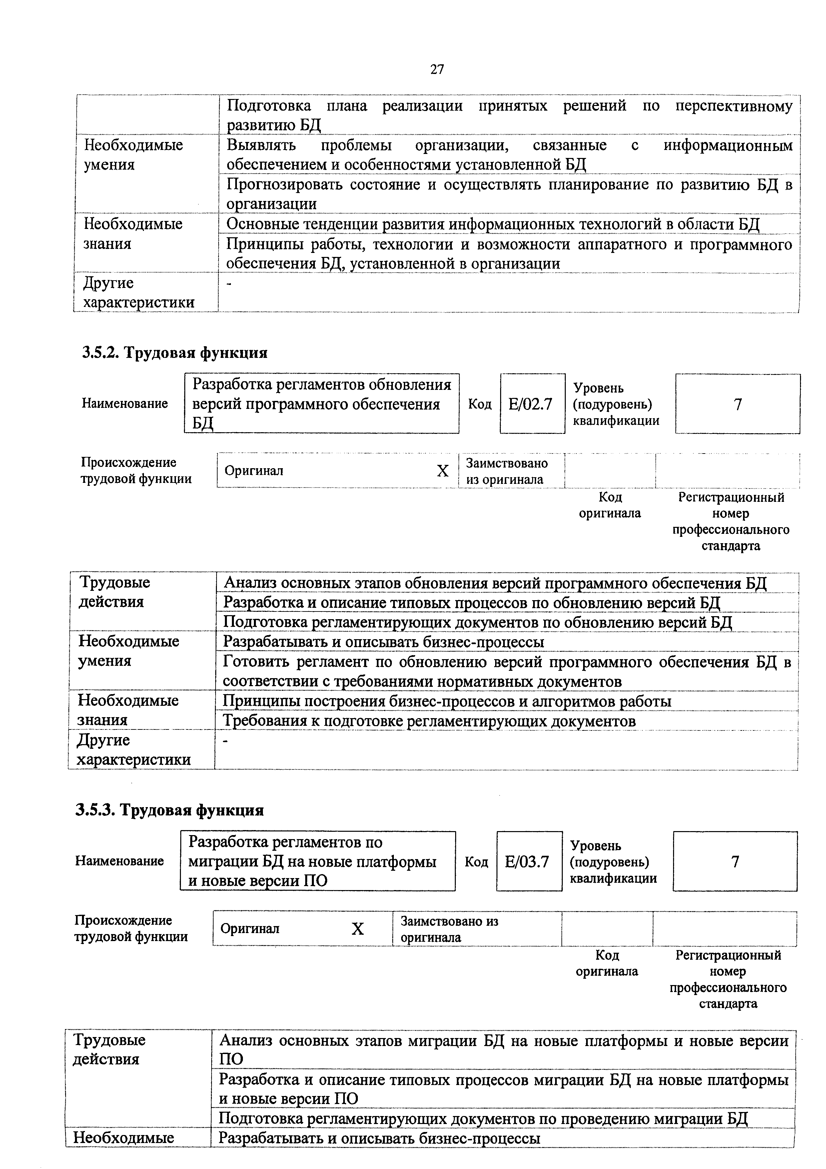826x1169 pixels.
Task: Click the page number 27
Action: (437, 70)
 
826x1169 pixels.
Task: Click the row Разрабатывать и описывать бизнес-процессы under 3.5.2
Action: (383, 642)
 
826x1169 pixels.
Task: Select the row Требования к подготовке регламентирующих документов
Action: (429, 721)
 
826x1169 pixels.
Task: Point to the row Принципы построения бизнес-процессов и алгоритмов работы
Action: (447, 701)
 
